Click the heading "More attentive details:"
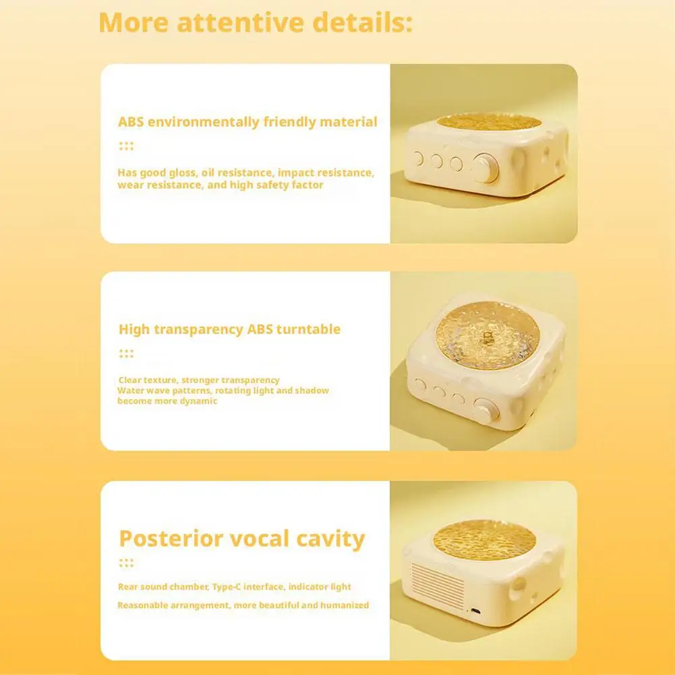point(256,22)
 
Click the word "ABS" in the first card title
point(131,122)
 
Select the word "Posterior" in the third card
point(170,539)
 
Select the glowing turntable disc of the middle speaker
point(488,335)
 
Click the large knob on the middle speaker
point(486,410)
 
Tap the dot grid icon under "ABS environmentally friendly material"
point(126,146)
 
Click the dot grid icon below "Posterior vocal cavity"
point(126,562)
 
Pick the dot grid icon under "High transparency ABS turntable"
point(126,353)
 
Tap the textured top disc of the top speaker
point(489,122)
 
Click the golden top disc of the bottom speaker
point(485,540)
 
